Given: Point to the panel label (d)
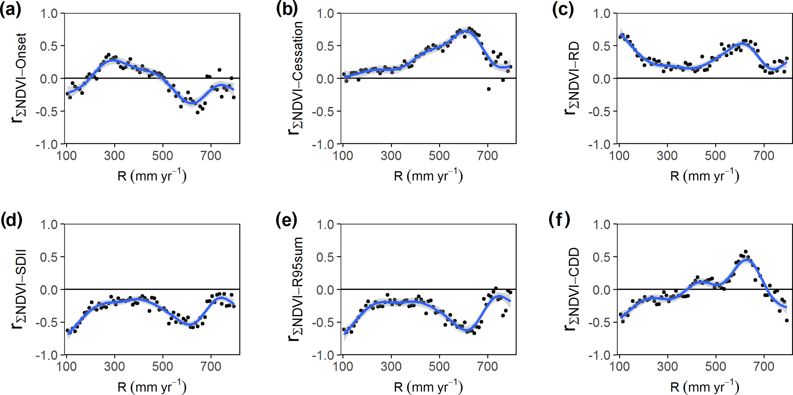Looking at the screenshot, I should pos(11,220).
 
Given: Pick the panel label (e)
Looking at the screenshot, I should pos(287,220).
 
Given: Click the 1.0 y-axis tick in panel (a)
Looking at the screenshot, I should pos(49,14).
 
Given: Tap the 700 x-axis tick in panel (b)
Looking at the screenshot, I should pos(488,155).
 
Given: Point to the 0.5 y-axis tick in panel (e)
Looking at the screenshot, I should pos(325,257).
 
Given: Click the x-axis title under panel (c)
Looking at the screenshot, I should pos(704,176).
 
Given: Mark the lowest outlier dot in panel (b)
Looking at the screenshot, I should pos(489,89).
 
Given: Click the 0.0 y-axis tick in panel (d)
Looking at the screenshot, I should pos(49,289).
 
